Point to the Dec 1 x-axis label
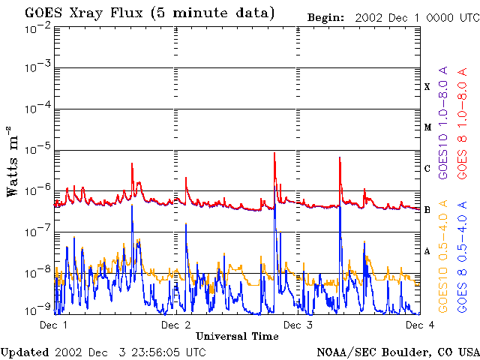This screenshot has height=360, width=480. (53, 325)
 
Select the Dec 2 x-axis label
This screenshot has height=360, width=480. (175, 325)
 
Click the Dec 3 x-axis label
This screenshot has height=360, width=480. (298, 325)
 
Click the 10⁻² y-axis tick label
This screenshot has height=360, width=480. (37, 27)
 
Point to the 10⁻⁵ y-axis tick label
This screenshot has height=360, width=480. (37, 149)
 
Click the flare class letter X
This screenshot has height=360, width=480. (427, 87)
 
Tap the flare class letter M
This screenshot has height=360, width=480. (427, 127)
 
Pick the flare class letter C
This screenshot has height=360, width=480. (427, 168)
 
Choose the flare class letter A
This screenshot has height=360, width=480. (427, 250)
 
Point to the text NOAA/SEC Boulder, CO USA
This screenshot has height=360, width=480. (398, 352)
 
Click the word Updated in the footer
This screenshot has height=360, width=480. (25, 352)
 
